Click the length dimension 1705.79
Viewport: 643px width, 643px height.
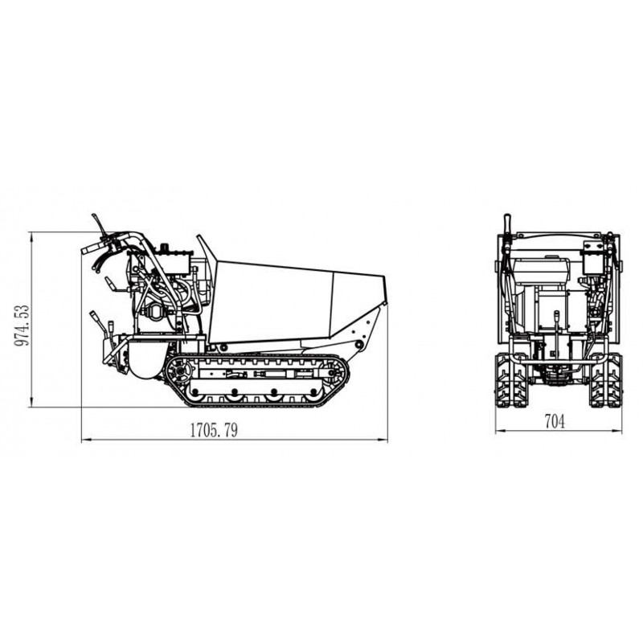(x=214, y=429)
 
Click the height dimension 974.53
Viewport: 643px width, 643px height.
(x=22, y=326)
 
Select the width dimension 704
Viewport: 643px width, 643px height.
(x=555, y=421)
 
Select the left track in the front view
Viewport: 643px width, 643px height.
(x=511, y=381)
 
